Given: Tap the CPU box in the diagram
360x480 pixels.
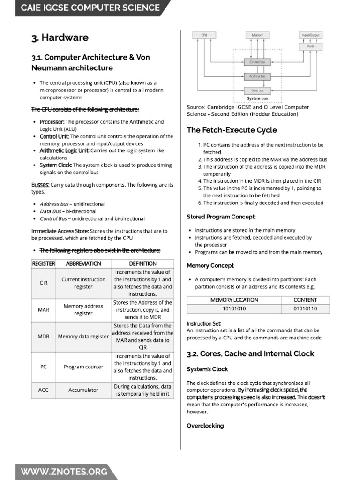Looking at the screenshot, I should click(204, 35).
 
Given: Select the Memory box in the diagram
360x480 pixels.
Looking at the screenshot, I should click(257, 35).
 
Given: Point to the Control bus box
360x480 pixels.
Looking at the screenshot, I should click(257, 62).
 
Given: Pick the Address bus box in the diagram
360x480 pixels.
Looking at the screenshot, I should click(257, 76).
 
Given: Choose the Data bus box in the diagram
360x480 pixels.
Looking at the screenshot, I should click(257, 90).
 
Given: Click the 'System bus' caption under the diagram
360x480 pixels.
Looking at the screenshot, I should click(257, 98).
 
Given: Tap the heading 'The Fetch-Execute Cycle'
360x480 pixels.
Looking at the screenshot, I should click(232, 130).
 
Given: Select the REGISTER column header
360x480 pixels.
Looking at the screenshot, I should click(44, 263).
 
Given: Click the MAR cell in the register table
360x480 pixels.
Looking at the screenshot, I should click(44, 310).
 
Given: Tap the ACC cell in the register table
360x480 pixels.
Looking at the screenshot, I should click(44, 390).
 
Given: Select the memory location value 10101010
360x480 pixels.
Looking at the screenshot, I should click(234, 308).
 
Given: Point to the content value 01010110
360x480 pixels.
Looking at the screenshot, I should click(305, 308).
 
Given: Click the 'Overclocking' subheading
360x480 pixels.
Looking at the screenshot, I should click(205, 426).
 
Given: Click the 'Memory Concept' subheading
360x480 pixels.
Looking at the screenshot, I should click(210, 265).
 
